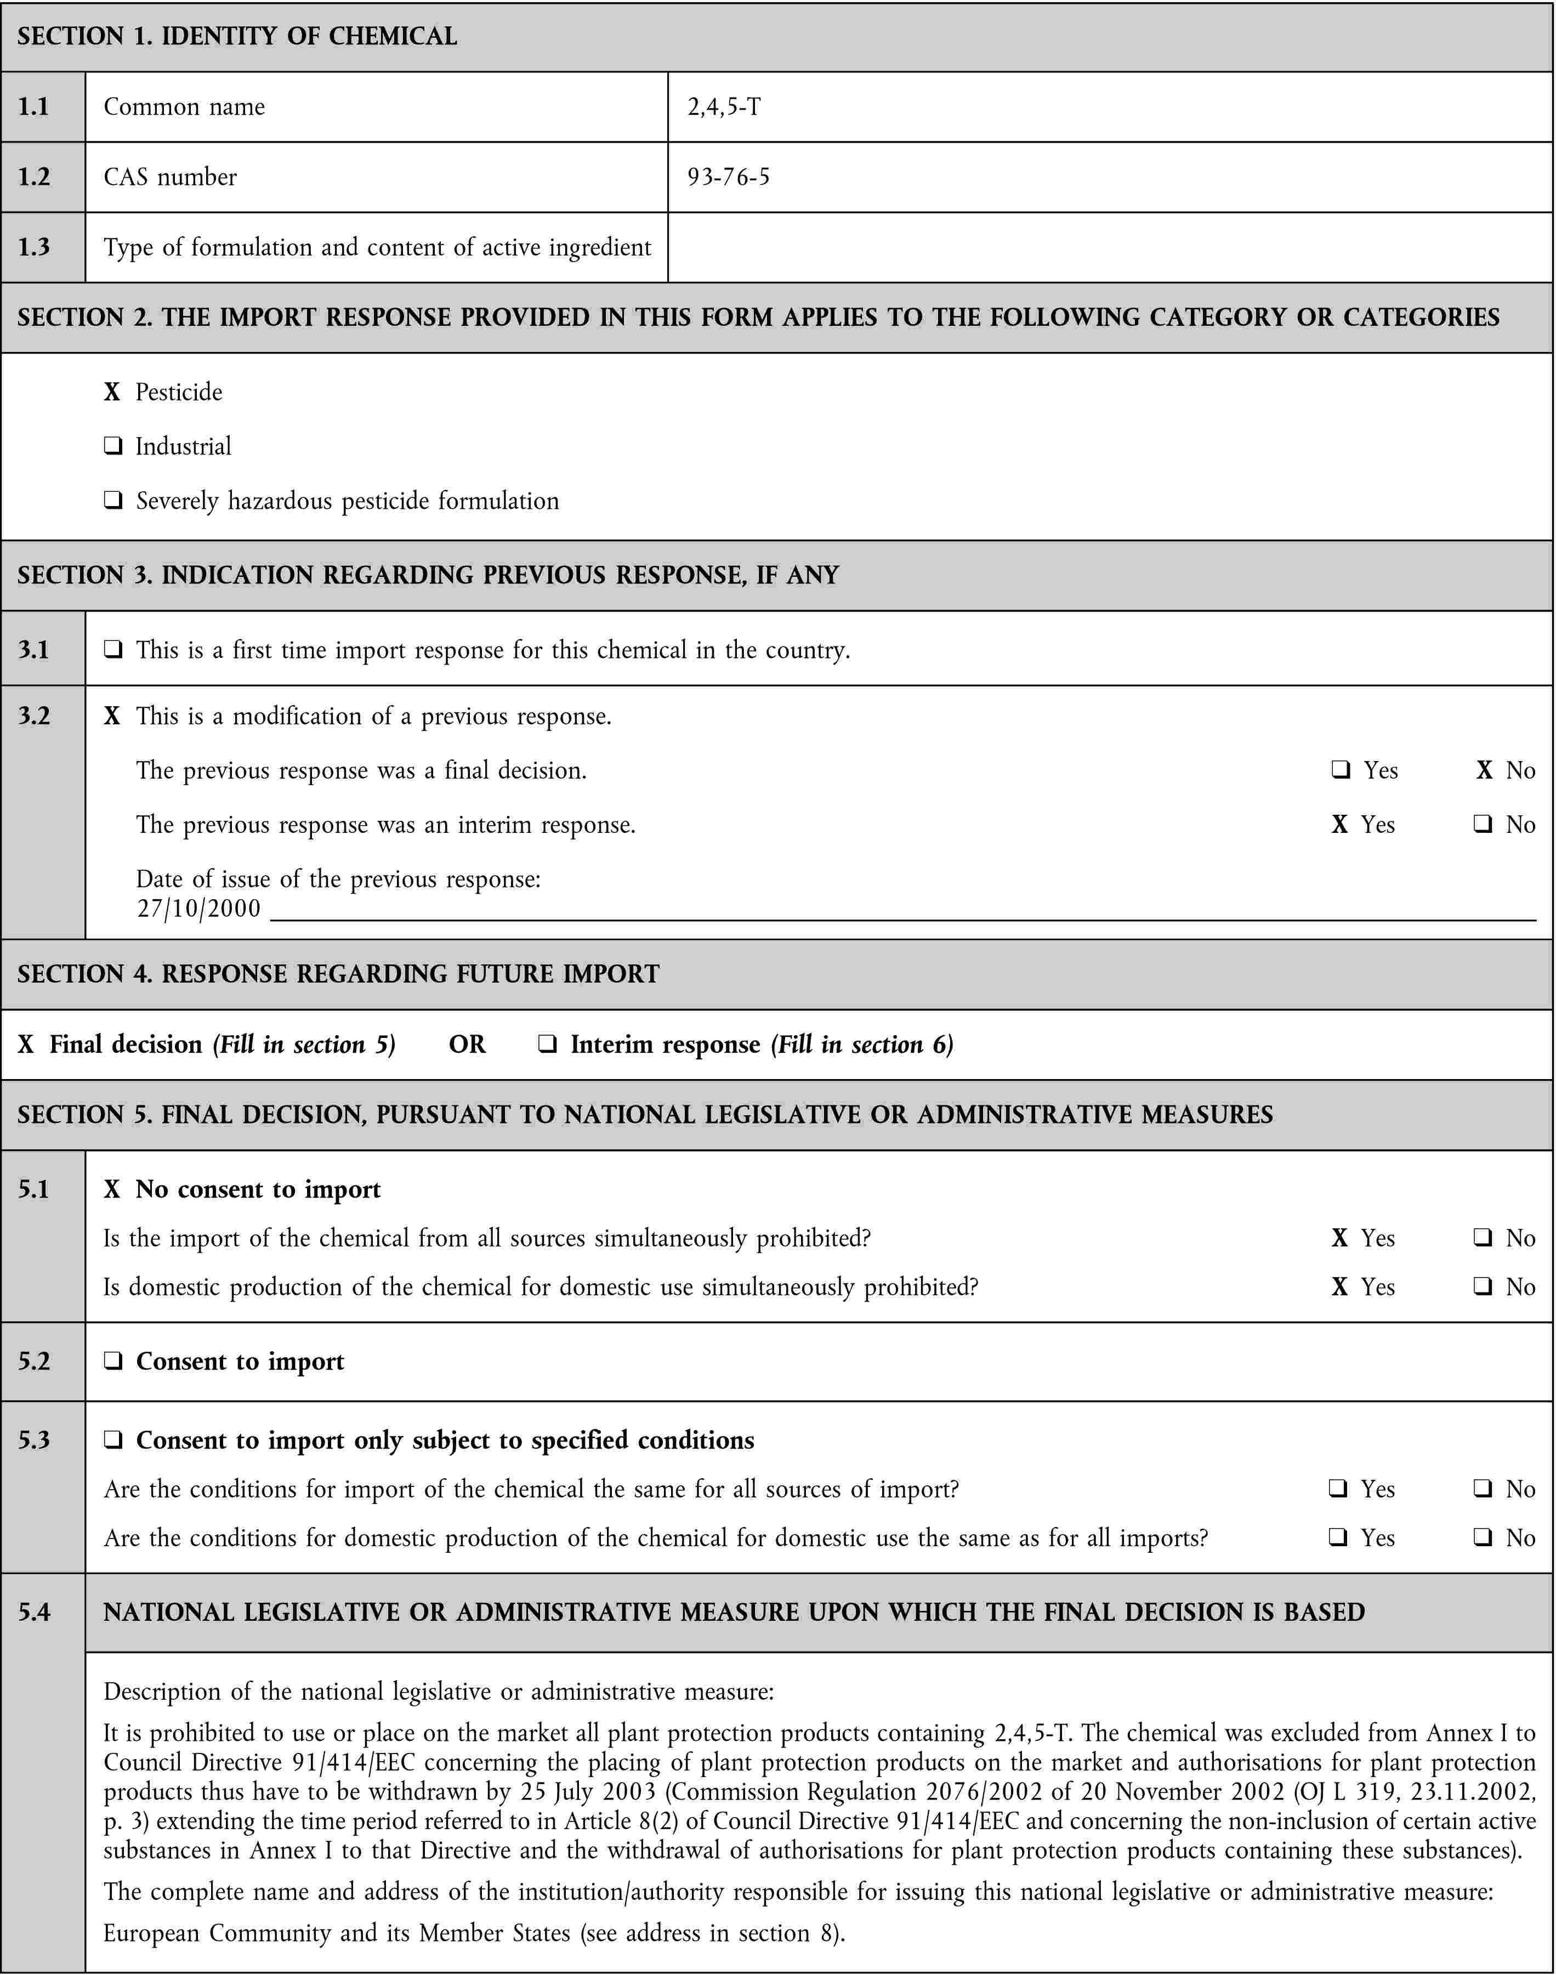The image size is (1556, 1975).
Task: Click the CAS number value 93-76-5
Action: pos(728,177)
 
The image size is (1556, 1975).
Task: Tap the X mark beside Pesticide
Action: pos(112,391)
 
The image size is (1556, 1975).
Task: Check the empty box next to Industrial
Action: pos(113,446)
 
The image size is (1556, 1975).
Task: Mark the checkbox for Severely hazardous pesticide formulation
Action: pos(113,501)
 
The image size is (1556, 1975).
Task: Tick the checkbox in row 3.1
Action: pos(113,650)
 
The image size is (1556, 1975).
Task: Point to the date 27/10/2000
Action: pos(198,908)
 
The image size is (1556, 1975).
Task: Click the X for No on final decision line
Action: pos(1484,771)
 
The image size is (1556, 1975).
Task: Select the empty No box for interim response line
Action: pos(1482,825)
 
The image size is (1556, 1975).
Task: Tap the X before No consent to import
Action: pos(112,1190)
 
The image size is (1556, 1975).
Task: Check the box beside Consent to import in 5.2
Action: pos(113,1361)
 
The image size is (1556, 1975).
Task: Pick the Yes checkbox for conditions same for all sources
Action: pos(1338,1489)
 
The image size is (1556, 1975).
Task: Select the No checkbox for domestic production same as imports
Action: pos(1482,1538)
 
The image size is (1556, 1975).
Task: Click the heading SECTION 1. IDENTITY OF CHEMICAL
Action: pos(237,36)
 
